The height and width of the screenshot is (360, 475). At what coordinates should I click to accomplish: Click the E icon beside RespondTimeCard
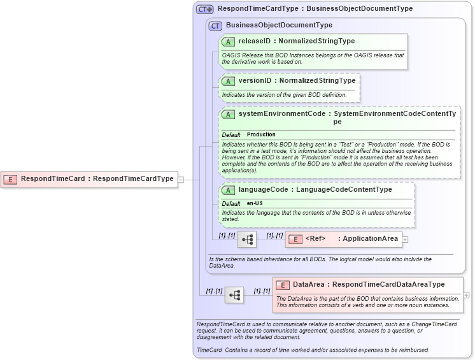click(10, 179)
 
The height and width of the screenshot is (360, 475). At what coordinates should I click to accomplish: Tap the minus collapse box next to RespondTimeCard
click(181, 180)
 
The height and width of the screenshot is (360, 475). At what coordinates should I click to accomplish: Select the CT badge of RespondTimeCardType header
click(204, 9)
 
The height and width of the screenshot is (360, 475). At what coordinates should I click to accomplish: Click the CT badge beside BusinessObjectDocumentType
click(215, 25)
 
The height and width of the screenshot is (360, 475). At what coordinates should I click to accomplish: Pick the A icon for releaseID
click(228, 41)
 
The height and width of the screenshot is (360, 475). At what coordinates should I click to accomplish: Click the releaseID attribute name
click(254, 41)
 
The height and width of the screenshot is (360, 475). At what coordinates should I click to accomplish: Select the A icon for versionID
click(228, 82)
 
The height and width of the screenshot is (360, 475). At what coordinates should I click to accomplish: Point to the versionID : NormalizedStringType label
click(297, 81)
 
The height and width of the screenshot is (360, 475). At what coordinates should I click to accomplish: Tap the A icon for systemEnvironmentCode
click(228, 114)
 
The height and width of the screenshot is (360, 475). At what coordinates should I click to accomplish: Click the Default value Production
click(261, 135)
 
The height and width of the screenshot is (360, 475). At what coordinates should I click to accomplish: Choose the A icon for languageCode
click(228, 190)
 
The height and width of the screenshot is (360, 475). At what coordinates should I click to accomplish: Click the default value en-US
click(255, 203)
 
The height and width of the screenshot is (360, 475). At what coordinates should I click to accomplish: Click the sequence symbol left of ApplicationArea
click(246, 240)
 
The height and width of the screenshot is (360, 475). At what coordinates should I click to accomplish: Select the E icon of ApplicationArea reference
click(295, 240)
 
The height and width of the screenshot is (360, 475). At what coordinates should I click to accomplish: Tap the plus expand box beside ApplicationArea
click(405, 240)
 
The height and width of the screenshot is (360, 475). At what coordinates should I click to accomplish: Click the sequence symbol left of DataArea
click(234, 295)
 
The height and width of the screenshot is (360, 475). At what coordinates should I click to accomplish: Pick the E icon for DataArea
click(282, 285)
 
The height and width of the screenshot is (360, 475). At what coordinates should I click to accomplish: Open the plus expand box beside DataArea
click(467, 295)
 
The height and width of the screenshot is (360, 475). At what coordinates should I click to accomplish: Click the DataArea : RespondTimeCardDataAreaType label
click(369, 285)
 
